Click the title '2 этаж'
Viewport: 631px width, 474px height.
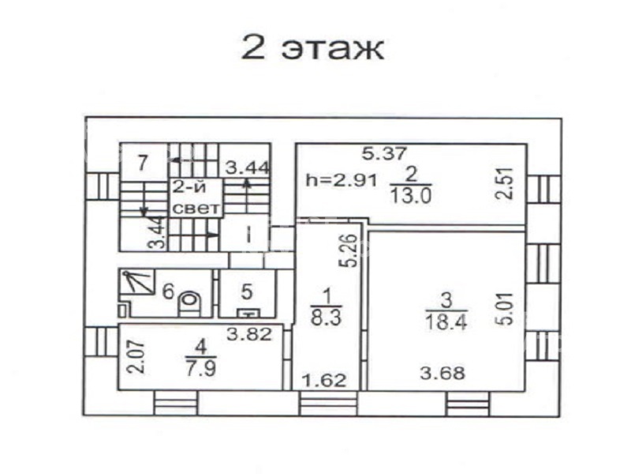coord(312,47)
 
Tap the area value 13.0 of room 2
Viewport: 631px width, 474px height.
coord(410,196)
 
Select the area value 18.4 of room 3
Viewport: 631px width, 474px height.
coord(446,322)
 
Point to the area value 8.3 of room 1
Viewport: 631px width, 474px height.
coord(326,317)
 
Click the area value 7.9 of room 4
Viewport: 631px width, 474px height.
coord(201,368)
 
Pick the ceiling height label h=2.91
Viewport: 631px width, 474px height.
coord(342,180)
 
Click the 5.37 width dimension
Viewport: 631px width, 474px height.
coord(385,153)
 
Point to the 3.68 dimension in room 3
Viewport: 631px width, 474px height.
coord(442,373)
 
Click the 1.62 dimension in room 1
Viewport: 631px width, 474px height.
coord(324,381)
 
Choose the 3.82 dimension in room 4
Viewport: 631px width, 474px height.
coord(249,333)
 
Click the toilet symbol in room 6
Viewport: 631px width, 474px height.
coord(189,304)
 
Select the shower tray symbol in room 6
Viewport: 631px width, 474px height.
coord(137,283)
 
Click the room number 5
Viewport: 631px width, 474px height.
coord(247,292)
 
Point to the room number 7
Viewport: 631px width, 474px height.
coord(143,163)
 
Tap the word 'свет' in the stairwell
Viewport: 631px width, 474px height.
coord(196,209)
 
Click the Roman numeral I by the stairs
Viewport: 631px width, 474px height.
coord(248,235)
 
